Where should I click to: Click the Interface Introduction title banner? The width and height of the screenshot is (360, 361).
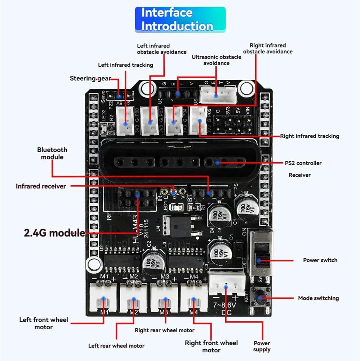pos(180,19)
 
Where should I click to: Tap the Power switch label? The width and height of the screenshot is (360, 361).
pos(320,260)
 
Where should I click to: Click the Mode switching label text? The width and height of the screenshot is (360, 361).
pos(318,298)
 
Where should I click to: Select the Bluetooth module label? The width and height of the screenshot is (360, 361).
pos(52,153)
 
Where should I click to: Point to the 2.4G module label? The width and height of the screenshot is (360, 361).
pos(54,233)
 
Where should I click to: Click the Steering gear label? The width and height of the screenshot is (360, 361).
pos(90,78)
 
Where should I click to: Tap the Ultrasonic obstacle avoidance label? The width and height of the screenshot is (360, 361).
pos(216,60)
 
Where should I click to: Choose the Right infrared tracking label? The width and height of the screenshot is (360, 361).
pos(310,136)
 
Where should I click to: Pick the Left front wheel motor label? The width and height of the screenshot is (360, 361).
pos(44,323)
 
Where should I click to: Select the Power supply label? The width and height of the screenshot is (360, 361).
pos(262,346)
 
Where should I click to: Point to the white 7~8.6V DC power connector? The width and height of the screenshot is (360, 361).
pos(226,284)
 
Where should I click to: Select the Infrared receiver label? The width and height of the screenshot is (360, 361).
pos(41,186)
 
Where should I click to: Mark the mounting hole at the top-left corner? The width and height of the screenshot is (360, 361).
pos(146,87)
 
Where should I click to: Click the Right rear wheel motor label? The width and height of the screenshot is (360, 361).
pos(165,330)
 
